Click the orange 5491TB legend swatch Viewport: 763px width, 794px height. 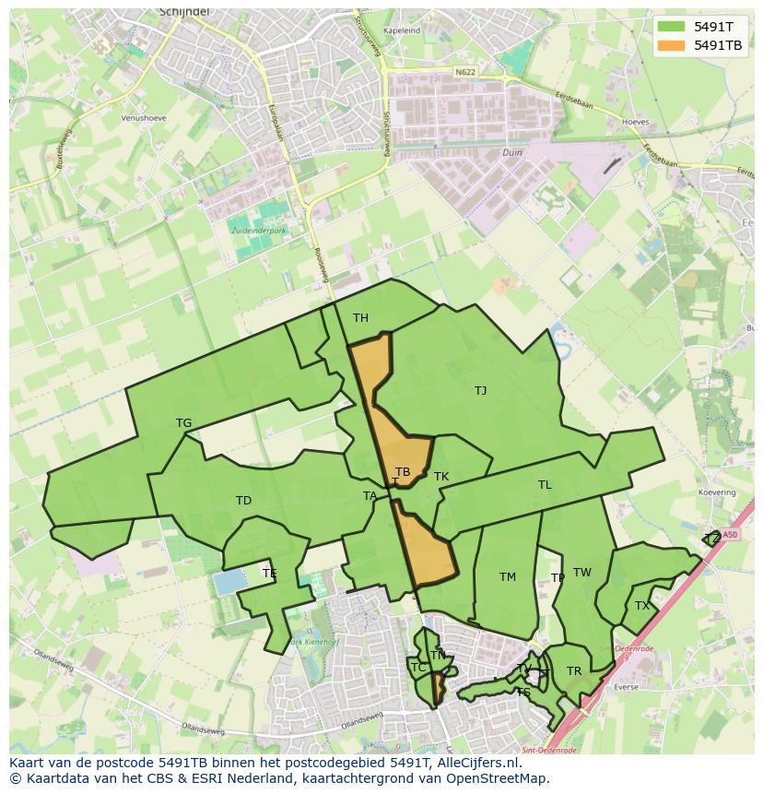pos(672,45)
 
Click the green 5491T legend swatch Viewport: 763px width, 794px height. pos(672,27)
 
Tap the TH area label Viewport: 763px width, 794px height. pos(360,318)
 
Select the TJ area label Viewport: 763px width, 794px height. pos(480,391)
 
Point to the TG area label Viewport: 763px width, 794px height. pos(183,423)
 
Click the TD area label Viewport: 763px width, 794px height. pos(243,501)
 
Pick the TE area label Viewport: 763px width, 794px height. pos(269,574)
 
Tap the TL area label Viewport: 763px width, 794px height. pos(545,485)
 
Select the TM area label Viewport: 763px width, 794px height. pos(507,577)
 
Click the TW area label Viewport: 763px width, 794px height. pos(581,573)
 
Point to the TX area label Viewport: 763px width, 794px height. pos(641,606)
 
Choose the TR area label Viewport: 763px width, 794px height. pos(574,671)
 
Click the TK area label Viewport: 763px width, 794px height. pos(441,477)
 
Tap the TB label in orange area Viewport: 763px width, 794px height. pos(403,472)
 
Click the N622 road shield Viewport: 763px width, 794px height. pos(465,71)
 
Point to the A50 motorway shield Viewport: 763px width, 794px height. pos(730,534)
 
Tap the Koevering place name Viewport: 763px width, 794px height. pos(717,493)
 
